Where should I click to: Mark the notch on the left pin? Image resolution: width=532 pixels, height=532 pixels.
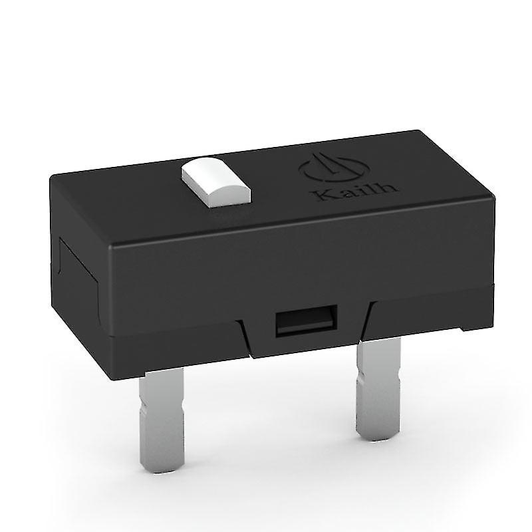[x=160, y=406]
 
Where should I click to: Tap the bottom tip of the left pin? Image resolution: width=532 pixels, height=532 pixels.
[x=160, y=465]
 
